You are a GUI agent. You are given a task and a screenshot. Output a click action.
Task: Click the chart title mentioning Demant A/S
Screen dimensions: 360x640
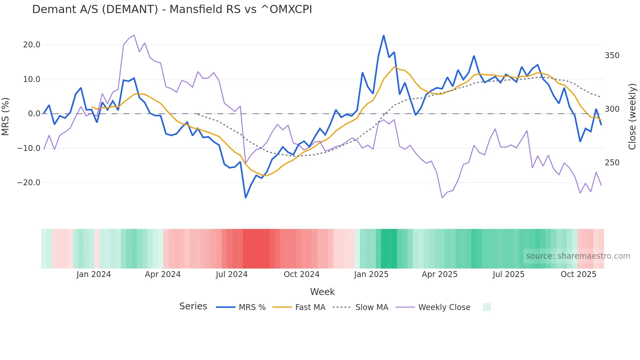coord(172,9)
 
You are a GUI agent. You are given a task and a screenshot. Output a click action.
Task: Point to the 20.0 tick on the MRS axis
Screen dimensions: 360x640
coord(32,45)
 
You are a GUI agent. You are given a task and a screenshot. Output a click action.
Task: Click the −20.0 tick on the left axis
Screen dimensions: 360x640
coord(29,183)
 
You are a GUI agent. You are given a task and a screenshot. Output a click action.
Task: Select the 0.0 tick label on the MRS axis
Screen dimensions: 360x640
coord(34,114)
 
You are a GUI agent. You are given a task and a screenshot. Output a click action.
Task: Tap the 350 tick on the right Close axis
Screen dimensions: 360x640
coord(612,56)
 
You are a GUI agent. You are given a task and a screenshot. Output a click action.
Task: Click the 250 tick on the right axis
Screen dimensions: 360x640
coord(612,163)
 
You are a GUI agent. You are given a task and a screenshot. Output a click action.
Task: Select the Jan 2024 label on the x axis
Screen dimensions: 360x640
coord(94,274)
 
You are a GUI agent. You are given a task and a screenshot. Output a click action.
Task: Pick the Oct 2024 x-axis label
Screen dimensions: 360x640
coord(301,274)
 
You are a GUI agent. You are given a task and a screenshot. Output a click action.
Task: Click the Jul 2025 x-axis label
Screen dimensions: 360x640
coord(508,274)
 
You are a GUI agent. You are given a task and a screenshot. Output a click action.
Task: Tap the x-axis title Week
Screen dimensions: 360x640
coord(322,292)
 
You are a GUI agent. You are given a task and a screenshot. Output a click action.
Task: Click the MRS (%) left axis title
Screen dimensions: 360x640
coord(6,116)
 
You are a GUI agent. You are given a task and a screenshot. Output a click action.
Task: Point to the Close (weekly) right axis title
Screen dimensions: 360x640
coord(632,116)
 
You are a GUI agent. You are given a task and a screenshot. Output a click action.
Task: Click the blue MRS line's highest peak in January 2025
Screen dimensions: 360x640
coord(384,36)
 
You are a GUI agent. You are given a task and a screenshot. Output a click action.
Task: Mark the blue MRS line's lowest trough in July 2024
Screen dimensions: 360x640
coord(246,197)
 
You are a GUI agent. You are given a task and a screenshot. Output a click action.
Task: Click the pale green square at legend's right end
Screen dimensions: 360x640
coord(487,307)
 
